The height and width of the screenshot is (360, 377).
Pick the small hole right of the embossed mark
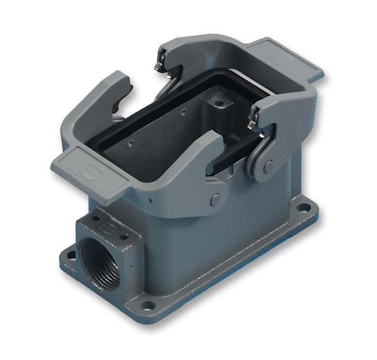coord(125,237)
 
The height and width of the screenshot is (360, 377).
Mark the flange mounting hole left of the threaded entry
coord(71,252)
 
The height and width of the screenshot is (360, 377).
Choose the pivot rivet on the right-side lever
coord(268,166)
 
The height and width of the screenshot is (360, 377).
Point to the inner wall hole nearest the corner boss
coord(184,112)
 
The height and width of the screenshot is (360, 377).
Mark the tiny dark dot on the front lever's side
coord(150,199)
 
